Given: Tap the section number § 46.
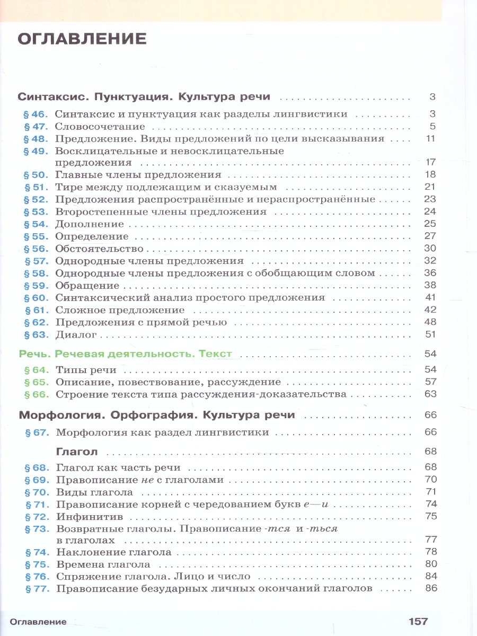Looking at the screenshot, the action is pyautogui.click(x=36, y=114).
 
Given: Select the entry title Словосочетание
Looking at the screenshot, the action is pyautogui.click(x=100, y=127).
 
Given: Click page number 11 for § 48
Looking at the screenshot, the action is pyautogui.click(x=430, y=139).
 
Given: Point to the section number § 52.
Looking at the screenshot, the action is pyautogui.click(x=36, y=199).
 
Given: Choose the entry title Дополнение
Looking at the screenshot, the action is pyautogui.click(x=90, y=224).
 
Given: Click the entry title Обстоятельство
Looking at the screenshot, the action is pyautogui.click(x=100, y=249).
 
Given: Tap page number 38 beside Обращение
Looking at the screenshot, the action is pyautogui.click(x=430, y=285).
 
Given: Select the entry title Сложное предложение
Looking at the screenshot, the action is pyautogui.click(x=120, y=310).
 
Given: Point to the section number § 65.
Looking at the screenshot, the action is pyautogui.click(x=36, y=382).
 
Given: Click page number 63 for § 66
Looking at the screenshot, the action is pyautogui.click(x=430, y=394).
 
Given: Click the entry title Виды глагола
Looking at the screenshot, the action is pyautogui.click(x=95, y=492).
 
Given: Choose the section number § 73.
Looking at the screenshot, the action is pyautogui.click(x=36, y=529).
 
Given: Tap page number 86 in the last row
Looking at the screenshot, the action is pyautogui.click(x=430, y=588).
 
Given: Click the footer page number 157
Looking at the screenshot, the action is pyautogui.click(x=418, y=621).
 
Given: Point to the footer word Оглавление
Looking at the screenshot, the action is pyautogui.click(x=37, y=622).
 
